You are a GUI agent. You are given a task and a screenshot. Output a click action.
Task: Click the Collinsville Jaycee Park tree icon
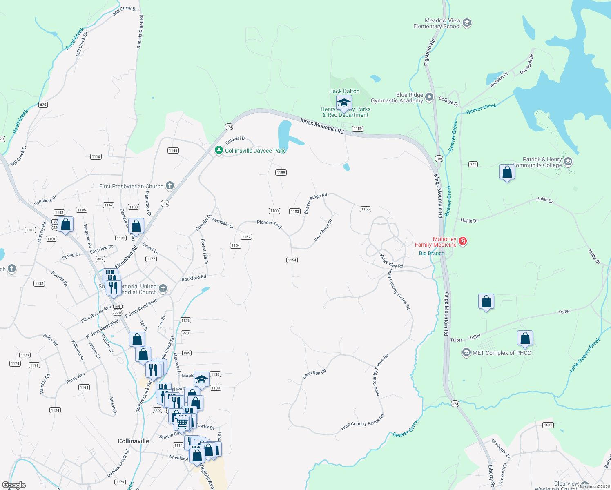pyautogui.click(x=219, y=150)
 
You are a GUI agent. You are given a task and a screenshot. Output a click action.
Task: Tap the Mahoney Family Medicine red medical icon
pyautogui.click(x=463, y=241)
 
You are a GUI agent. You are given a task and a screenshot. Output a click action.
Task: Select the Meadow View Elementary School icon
pyautogui.click(x=467, y=23)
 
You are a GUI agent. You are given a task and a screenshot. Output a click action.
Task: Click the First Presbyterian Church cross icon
pyautogui.click(x=169, y=186)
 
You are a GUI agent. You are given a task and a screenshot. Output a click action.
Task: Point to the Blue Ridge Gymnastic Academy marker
pyautogui.click(x=429, y=97)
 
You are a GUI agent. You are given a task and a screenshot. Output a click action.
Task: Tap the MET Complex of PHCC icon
pyautogui.click(x=466, y=353)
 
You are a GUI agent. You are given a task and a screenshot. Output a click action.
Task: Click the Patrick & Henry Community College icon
pyautogui.click(x=568, y=162)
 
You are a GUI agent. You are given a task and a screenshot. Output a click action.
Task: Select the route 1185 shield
pyautogui.click(x=281, y=173)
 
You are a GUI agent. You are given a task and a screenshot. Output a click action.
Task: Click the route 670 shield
pyautogui.click(x=43, y=105)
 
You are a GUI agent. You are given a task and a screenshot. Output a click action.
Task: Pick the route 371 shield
pyautogui.click(x=473, y=164)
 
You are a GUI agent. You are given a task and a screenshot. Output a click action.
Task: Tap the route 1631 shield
pyautogui.click(x=548, y=425)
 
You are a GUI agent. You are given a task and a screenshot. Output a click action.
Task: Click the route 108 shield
pyautogui.click(x=439, y=158)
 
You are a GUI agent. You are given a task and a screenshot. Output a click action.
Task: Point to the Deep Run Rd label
pyautogui.click(x=314, y=374)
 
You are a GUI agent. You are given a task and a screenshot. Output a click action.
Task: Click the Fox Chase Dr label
pyautogui.click(x=323, y=231)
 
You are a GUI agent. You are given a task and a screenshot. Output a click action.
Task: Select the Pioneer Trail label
pyautogui.click(x=269, y=224)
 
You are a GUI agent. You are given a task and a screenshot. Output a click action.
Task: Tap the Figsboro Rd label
pyautogui.click(x=430, y=52)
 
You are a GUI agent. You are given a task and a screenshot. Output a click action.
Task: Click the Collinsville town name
pyautogui.click(x=133, y=441)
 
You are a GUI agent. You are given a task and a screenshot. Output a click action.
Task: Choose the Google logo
pyautogui.click(x=14, y=485)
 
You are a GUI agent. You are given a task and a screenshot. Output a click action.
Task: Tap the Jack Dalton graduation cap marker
pyautogui.click(x=344, y=103)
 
